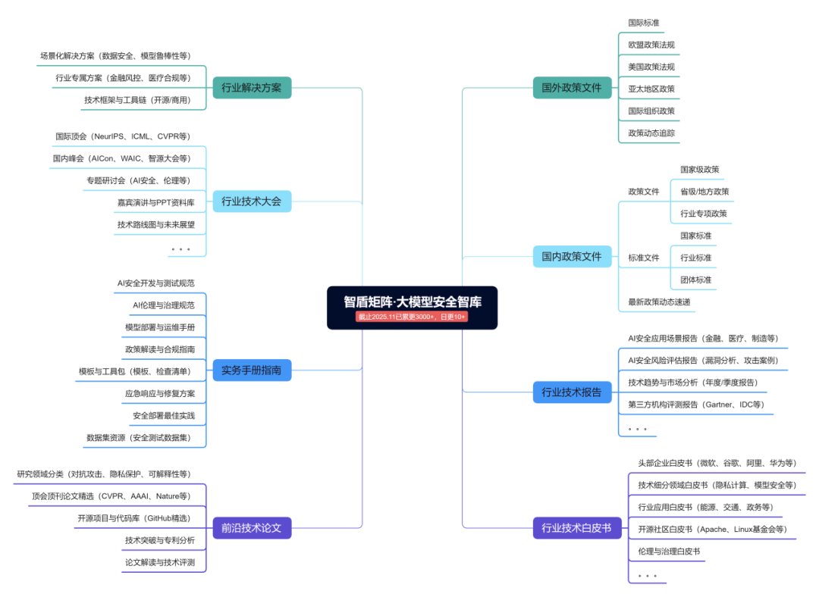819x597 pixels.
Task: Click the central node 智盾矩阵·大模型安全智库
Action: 412,302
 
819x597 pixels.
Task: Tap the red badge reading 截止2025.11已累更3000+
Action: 412,317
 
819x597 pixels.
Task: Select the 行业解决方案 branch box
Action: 251,88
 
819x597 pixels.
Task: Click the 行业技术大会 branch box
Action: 251,201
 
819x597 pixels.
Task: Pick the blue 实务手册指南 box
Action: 251,370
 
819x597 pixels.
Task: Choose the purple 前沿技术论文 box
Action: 251,528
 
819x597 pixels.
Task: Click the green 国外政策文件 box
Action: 571,88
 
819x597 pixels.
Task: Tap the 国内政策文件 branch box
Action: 571,256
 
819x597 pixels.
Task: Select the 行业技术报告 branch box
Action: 571,392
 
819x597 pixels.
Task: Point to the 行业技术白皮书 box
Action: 576,528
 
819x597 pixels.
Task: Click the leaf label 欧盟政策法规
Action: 651,45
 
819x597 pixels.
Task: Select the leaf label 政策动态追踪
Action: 651,133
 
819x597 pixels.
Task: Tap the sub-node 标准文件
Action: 643,258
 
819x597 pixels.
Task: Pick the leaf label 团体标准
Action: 695,280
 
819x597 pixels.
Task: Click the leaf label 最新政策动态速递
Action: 658,302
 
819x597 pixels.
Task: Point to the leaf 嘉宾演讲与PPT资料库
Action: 155,202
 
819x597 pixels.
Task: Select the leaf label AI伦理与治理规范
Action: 163,305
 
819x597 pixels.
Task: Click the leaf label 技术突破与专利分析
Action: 159,540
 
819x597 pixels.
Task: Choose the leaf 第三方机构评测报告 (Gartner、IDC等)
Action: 695,405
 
